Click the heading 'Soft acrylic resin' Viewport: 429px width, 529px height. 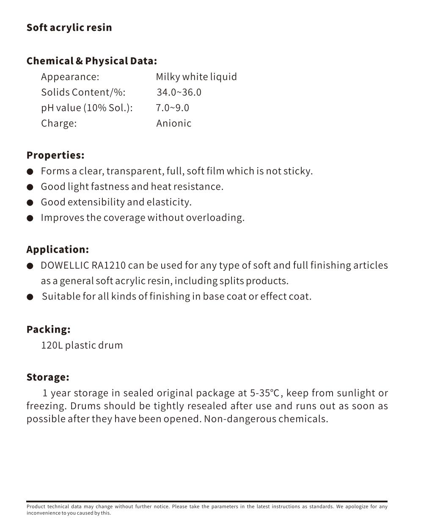coord(69,28)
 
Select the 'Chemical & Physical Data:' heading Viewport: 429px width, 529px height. coord(91,61)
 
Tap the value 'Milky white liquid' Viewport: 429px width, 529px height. coord(196,77)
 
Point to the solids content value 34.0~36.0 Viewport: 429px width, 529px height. coord(179,92)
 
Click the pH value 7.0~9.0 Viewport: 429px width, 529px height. coord(172,108)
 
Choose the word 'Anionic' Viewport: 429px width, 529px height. coord(173,124)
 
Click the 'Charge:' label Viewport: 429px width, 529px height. coord(59,124)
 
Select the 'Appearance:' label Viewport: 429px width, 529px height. coord(70,77)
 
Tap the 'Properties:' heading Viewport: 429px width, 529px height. coord(55,155)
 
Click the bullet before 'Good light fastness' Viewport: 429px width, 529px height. coord(30,187)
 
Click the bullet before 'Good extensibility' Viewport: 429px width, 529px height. coord(30,203)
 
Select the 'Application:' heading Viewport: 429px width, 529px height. coord(58,250)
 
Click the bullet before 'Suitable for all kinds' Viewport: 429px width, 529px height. coord(30,297)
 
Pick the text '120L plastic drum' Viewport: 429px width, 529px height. coord(82,345)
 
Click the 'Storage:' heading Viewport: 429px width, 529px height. coord(48,377)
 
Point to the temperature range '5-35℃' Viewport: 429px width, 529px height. coord(265,393)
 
